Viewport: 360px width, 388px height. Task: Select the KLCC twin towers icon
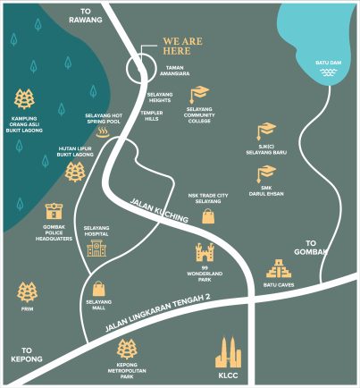(229, 354)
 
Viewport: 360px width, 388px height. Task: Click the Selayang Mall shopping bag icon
(97, 289)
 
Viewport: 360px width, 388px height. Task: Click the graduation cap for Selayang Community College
(198, 94)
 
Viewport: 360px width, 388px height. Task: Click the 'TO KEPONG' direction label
(28, 355)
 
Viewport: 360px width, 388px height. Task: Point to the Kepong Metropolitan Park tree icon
(127, 350)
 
